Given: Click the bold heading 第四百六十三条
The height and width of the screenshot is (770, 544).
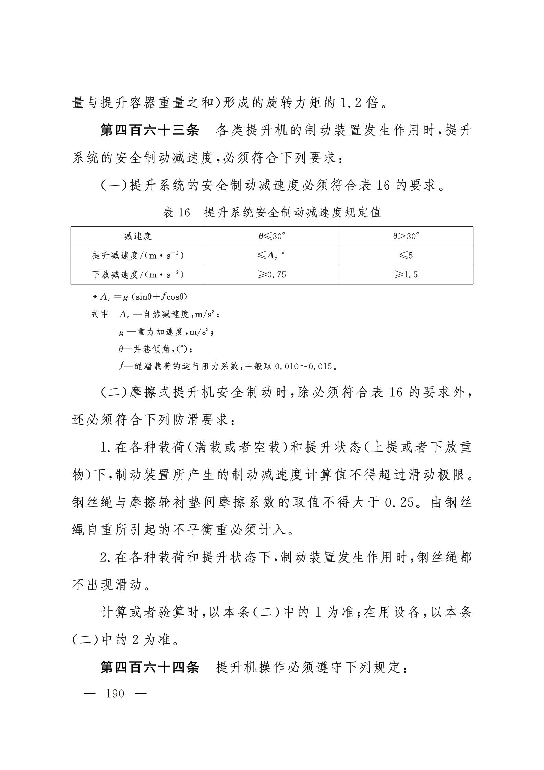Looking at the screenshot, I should coord(149,130).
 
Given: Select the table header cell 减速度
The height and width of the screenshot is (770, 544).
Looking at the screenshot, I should coord(138,236).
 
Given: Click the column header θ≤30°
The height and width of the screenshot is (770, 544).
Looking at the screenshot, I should coord(272,236).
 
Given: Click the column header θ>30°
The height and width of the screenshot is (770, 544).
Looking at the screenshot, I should coord(406,236).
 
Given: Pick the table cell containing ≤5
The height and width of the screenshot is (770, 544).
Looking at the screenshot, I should coord(406,255).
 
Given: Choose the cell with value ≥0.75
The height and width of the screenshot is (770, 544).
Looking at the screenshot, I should coord(272,274).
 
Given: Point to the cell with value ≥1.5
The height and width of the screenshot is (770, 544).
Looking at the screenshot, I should coord(406,274).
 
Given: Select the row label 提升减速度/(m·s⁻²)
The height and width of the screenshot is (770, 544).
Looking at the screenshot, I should coord(138,255).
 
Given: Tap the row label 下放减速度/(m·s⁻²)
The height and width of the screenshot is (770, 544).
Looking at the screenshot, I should coord(138,274).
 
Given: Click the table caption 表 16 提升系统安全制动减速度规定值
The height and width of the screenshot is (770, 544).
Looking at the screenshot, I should coord(272,212).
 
